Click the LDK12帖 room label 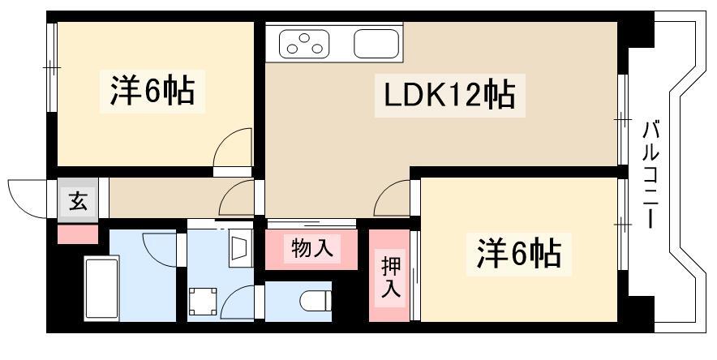449,96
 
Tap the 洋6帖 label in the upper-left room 152,91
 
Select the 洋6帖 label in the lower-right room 519,254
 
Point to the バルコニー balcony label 650,174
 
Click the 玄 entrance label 78,201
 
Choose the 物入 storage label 311,249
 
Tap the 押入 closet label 391,276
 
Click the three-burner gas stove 304,44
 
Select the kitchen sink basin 376,44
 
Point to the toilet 316,301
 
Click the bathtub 101,288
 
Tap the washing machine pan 203,302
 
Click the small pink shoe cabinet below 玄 78,234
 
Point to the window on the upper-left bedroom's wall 52,67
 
